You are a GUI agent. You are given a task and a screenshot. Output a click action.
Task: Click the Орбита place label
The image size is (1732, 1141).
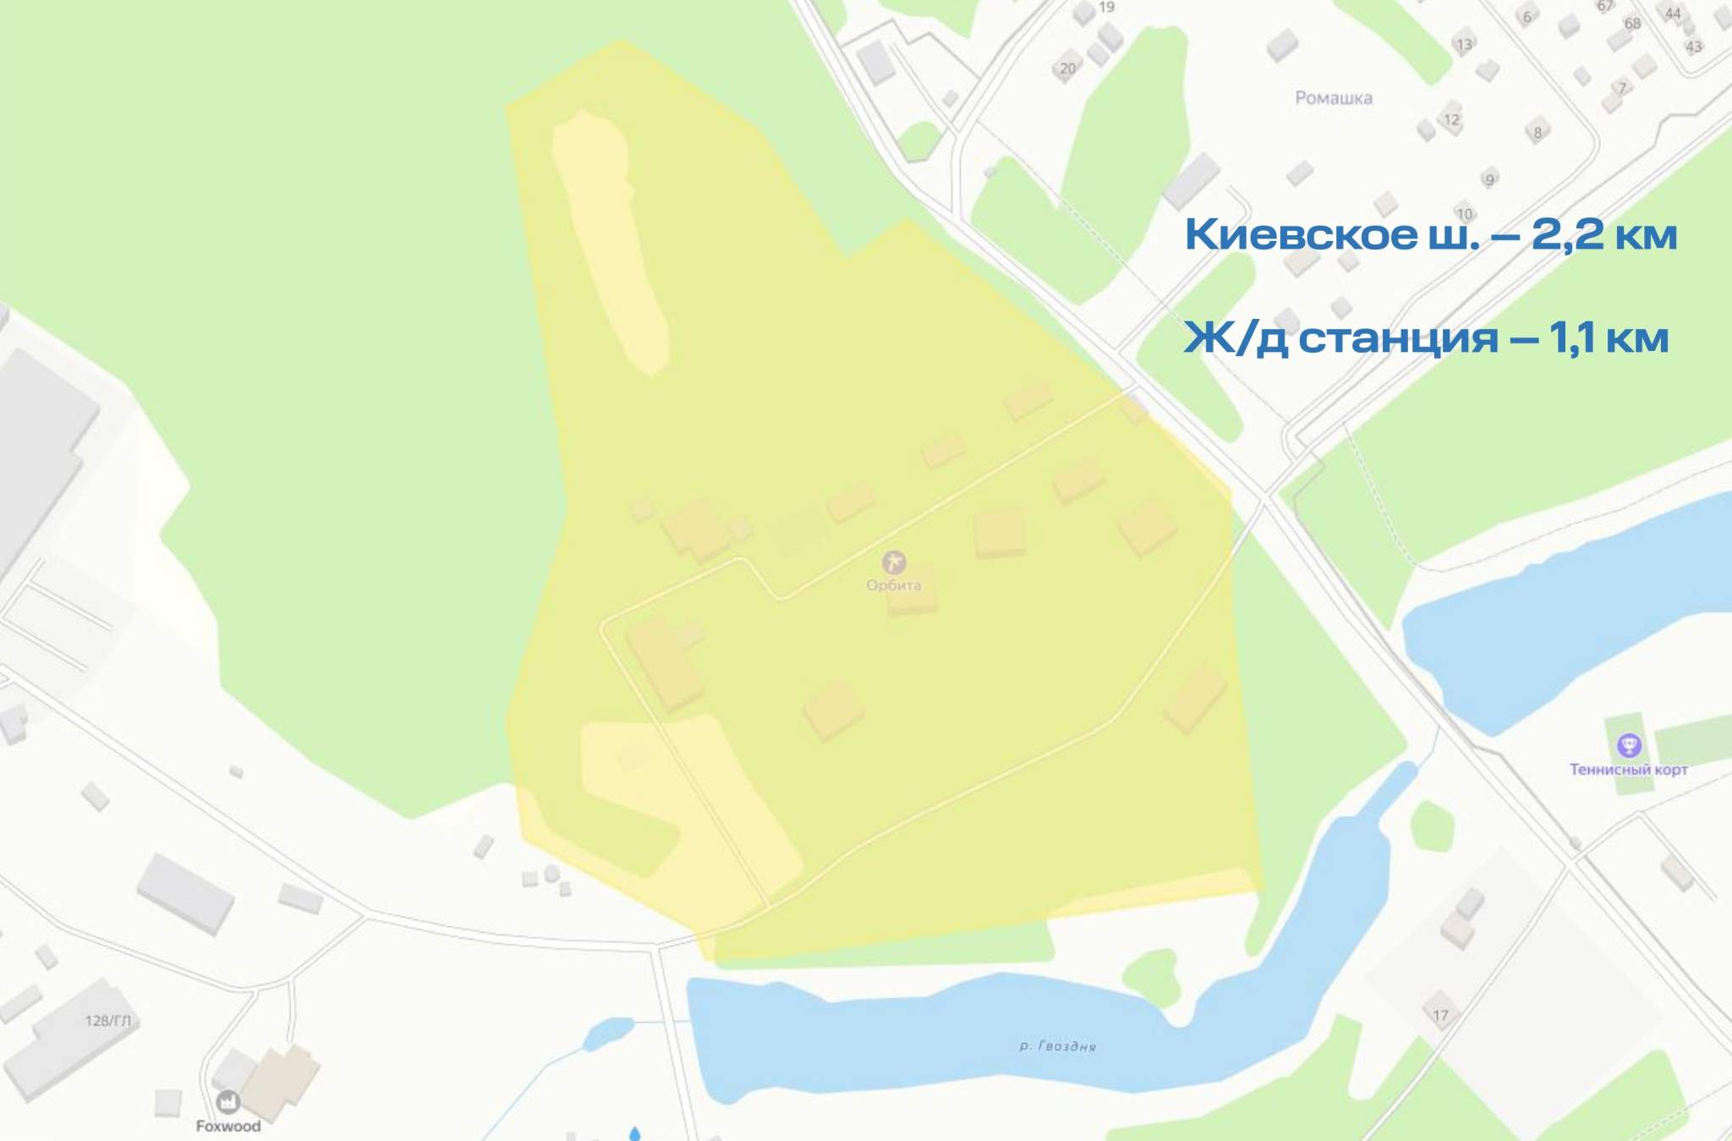(x=893, y=585)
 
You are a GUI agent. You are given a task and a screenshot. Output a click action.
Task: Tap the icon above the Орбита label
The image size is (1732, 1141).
(x=893, y=562)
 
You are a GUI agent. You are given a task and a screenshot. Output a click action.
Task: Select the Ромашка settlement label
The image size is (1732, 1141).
(x=1334, y=98)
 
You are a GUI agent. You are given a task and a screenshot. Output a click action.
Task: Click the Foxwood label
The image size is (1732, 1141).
(x=228, y=1126)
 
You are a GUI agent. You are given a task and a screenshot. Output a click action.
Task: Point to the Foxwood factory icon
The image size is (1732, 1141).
(x=228, y=1101)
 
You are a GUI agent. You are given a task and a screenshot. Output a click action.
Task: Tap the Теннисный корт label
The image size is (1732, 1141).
(x=1628, y=770)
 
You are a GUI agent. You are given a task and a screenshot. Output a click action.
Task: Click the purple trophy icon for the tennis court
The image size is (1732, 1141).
(x=1629, y=745)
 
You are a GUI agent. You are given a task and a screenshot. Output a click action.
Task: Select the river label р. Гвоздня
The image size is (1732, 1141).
(x=1057, y=1046)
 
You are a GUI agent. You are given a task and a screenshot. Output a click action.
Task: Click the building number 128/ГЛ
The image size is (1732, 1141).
(x=108, y=1021)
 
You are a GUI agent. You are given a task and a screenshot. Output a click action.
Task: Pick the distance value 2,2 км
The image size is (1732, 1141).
(x=1603, y=234)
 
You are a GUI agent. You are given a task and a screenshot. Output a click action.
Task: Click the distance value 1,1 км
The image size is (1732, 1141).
(x=1609, y=337)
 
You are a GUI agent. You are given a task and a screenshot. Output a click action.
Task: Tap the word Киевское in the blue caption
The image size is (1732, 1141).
(x=1301, y=234)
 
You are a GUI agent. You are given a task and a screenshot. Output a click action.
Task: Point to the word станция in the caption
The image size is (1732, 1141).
(x=1398, y=338)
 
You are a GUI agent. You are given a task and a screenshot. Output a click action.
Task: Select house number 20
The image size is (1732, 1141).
(x=1068, y=69)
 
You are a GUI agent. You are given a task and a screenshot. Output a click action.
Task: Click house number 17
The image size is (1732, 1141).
(x=1440, y=1015)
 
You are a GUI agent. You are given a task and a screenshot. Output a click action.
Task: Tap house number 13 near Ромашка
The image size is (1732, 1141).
(x=1464, y=45)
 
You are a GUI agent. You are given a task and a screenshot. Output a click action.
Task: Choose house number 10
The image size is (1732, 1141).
(x=1465, y=214)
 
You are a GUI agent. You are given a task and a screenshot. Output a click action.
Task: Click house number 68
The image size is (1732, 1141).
(x=1632, y=24)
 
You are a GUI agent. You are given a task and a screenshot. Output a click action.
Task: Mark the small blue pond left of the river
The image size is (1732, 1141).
(x=608, y=1031)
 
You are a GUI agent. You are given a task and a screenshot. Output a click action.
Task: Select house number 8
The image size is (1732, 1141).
(x=1537, y=132)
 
